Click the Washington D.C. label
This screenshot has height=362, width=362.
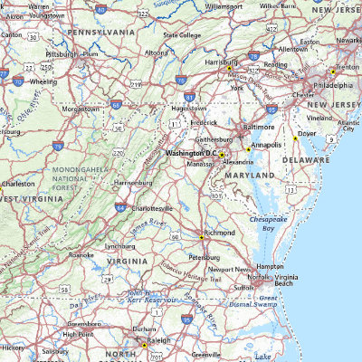tap(191, 154)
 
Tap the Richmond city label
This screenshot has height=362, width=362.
tap(220, 233)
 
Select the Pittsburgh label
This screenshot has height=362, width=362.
tap(61, 53)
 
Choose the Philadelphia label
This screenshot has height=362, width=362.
tap(334, 85)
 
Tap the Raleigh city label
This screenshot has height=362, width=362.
tap(157, 345)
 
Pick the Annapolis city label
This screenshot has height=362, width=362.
tap(266, 144)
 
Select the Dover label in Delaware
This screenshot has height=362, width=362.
tap(307, 134)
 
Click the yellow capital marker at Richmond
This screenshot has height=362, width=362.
tap(201, 236)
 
